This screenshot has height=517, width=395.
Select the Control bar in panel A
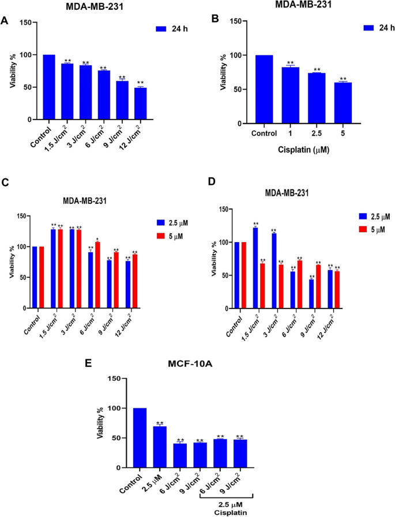tap(48, 87)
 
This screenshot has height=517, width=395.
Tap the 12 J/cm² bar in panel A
tap(140, 103)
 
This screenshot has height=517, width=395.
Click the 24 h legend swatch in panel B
tap(370, 28)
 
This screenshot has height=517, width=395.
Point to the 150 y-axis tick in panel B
tap(233, 21)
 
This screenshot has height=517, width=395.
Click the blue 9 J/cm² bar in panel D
tap(312, 294)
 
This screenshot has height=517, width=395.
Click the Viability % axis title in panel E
tap(101, 422)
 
